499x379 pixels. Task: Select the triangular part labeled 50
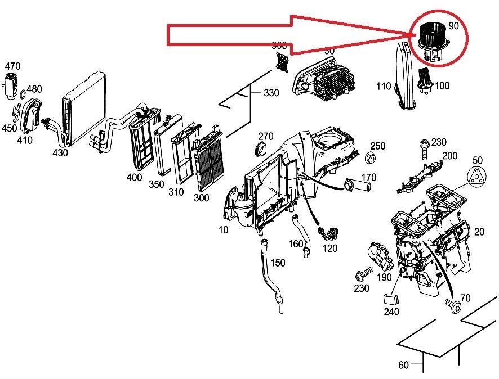click(478, 176)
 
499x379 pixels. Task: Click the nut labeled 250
click(371, 156)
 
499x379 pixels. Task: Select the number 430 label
click(60, 152)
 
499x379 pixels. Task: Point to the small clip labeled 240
click(391, 301)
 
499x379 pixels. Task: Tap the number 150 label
click(277, 263)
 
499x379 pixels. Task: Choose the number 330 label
click(271, 93)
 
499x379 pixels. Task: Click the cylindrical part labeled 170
click(353, 184)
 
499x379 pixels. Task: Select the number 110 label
click(384, 86)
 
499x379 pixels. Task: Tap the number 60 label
click(403, 365)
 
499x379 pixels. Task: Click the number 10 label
click(224, 229)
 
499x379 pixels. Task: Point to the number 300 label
click(201, 197)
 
